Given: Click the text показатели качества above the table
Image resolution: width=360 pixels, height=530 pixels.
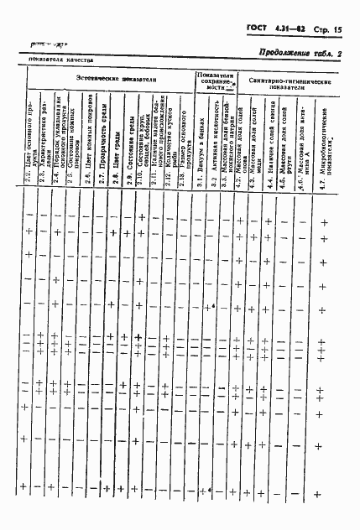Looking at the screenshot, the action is (x=59, y=60).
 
